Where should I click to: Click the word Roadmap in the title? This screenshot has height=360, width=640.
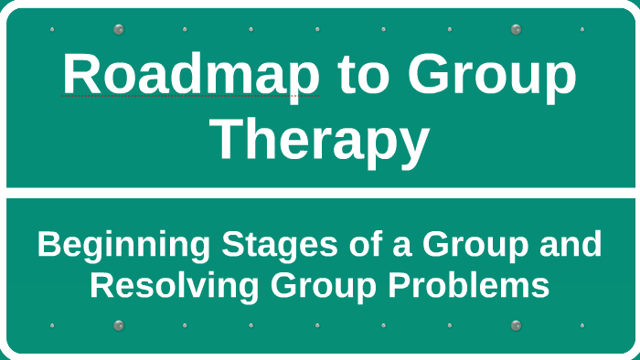pyautogui.click(x=190, y=75)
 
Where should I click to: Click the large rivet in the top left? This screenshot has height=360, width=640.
pyautogui.click(x=118, y=29)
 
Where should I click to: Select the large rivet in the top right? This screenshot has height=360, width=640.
pyautogui.click(x=516, y=29)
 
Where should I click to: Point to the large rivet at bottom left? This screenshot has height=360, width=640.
pyautogui.click(x=118, y=324)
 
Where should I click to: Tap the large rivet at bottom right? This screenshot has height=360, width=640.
pyautogui.click(x=516, y=324)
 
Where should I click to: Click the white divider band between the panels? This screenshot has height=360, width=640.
pyautogui.click(x=320, y=193)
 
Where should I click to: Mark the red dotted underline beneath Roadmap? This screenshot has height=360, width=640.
pyautogui.click(x=190, y=96)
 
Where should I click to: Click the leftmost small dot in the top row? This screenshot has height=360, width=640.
pyautogui.click(x=52, y=29)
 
